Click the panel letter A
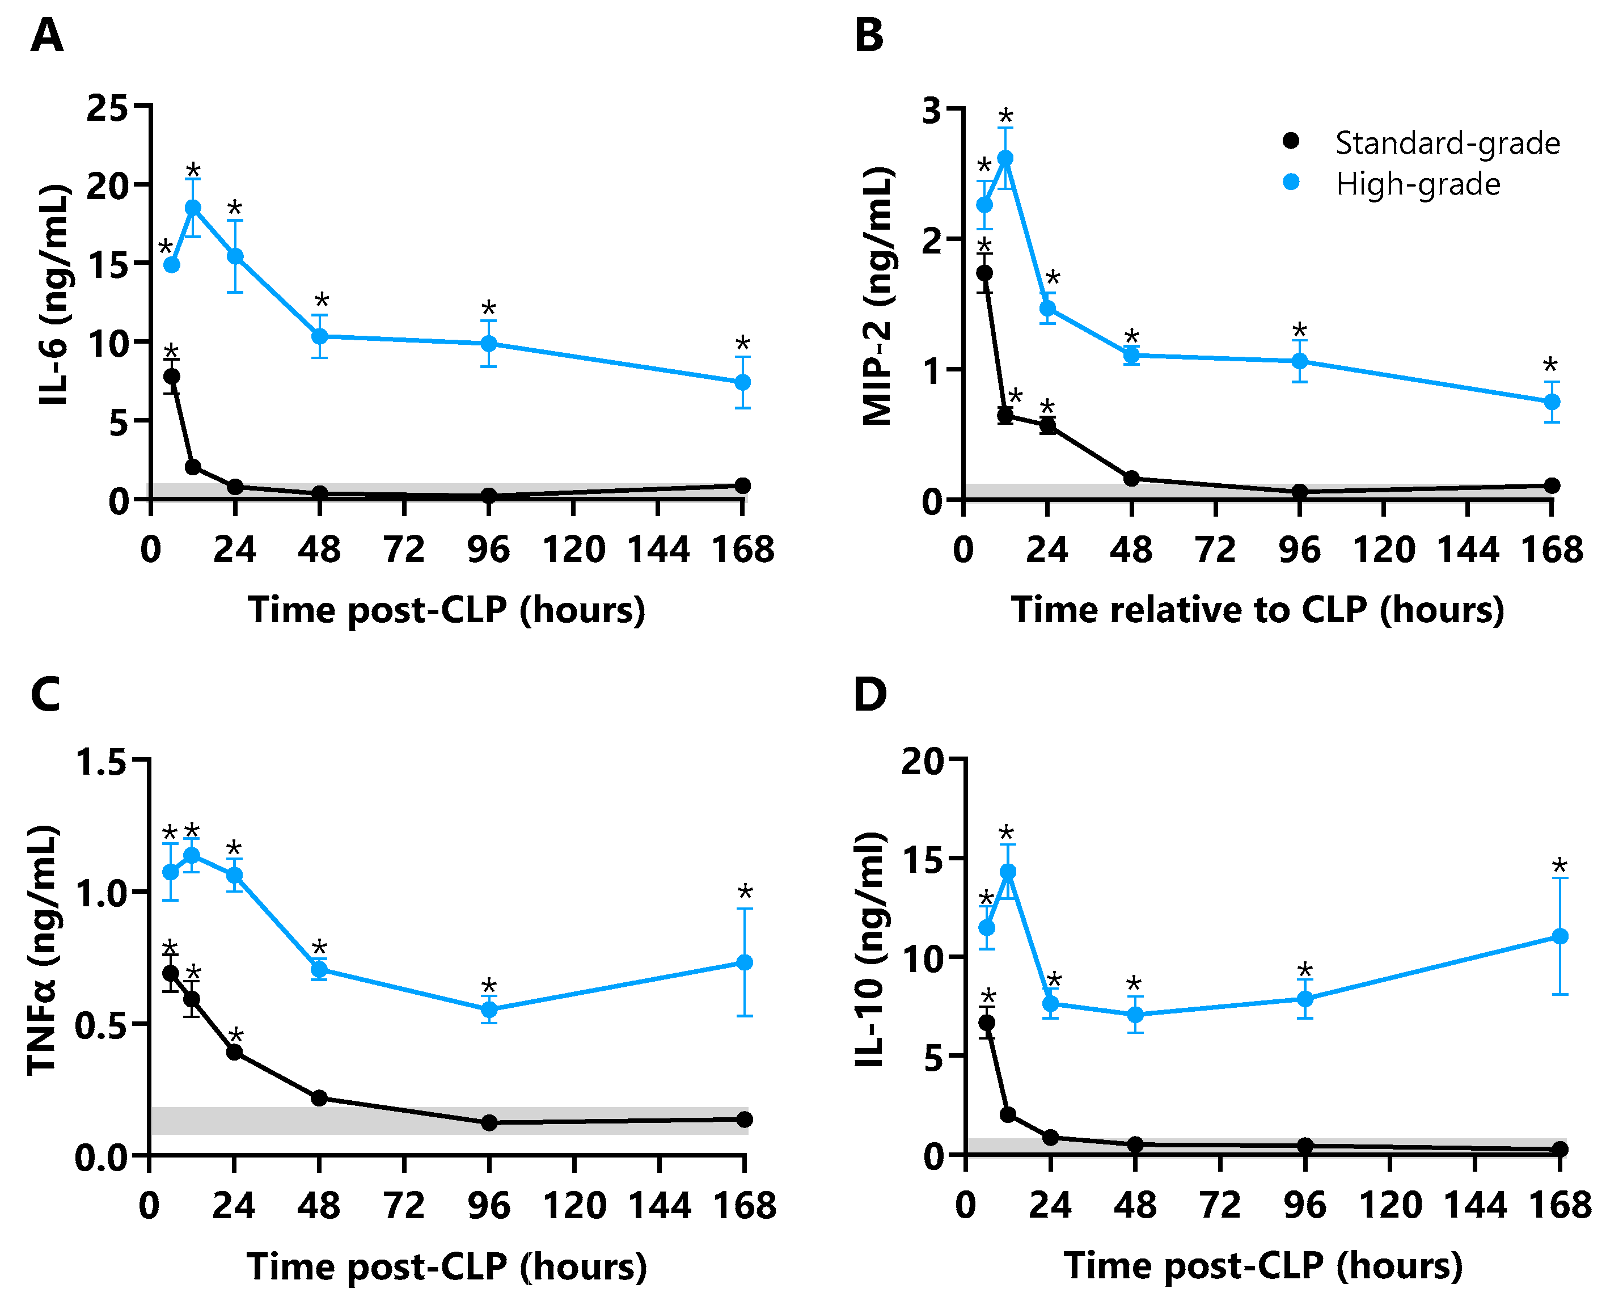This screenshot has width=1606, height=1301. pyautogui.click(x=47, y=36)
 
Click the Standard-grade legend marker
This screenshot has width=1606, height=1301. pyautogui.click(x=1291, y=141)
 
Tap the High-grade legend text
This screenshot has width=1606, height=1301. pyautogui.click(x=1418, y=184)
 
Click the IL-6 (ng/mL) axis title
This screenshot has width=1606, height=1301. pyautogui.click(x=54, y=294)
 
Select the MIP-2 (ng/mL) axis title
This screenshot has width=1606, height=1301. pyautogui.click(x=877, y=297)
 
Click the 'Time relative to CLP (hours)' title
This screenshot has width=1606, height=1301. pyautogui.click(x=1257, y=609)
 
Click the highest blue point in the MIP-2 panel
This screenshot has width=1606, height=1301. pyautogui.click(x=1005, y=158)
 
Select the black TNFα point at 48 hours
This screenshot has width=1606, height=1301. pyautogui.click(x=319, y=1098)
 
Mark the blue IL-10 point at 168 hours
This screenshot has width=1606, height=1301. pyautogui.click(x=1560, y=937)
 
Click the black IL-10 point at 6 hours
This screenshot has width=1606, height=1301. pyautogui.click(x=987, y=1022)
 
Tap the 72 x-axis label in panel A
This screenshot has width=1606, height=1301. pyautogui.click(x=404, y=550)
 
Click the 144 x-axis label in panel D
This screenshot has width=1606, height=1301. pyautogui.click(x=1475, y=1206)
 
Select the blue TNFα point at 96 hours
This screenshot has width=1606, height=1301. pyautogui.click(x=489, y=1009)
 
